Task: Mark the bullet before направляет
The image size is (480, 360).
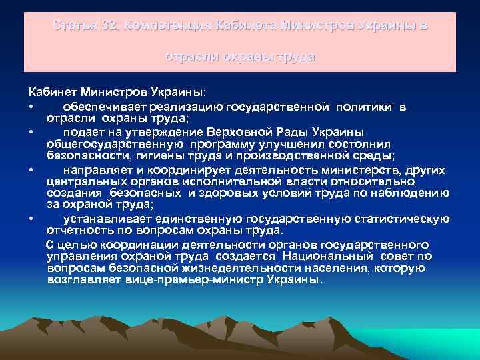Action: point(31,169)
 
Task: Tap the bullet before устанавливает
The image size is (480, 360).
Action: point(31,219)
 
